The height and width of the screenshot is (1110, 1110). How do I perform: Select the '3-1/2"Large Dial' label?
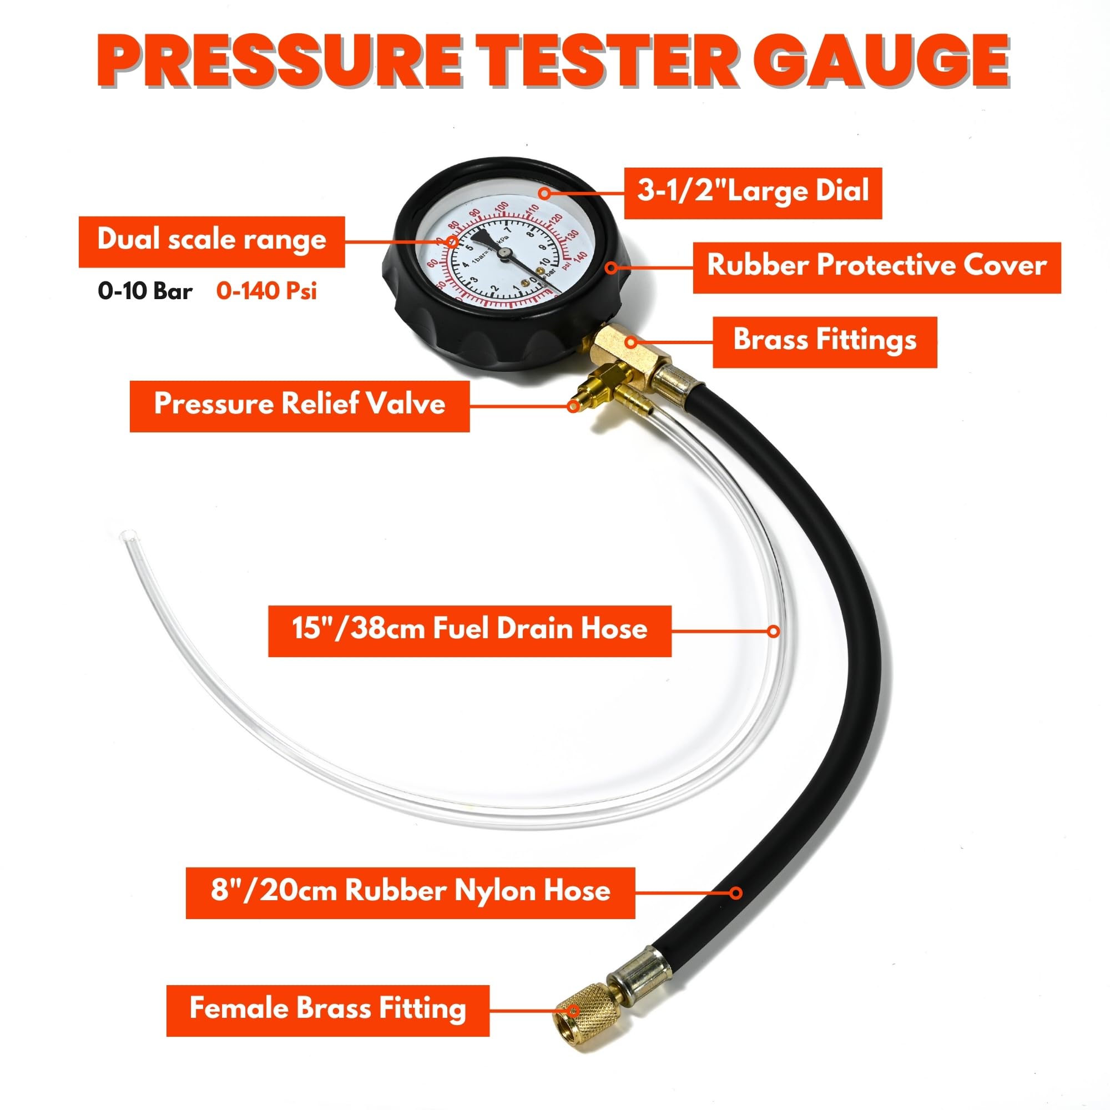coord(753,193)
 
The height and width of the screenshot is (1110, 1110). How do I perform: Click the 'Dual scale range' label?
coord(211,241)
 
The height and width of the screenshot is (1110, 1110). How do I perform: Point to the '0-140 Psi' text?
coord(266,291)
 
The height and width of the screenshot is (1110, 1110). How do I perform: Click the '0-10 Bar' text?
coord(145,291)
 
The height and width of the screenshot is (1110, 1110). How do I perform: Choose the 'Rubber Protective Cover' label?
coord(876,267)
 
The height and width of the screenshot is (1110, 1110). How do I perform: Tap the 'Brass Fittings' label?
coord(825,341)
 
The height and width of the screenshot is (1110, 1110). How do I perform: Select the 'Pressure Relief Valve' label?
coord(299,406)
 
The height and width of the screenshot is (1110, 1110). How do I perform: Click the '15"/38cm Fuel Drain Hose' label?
coord(470,631)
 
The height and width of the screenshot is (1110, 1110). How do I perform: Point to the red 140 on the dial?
coord(581,257)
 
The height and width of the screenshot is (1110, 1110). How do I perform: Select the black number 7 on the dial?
coord(507,230)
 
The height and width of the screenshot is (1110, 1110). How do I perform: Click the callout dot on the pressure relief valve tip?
coord(573,406)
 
